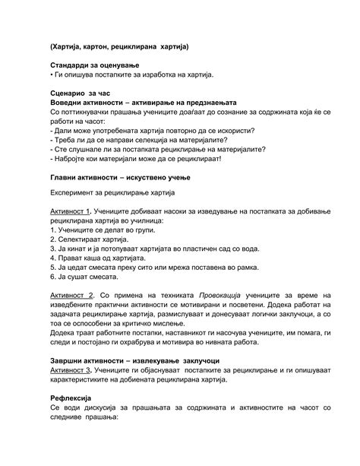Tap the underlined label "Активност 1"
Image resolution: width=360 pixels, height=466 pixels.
(x=71, y=210)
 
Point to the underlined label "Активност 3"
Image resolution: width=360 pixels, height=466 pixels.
(x=71, y=370)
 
